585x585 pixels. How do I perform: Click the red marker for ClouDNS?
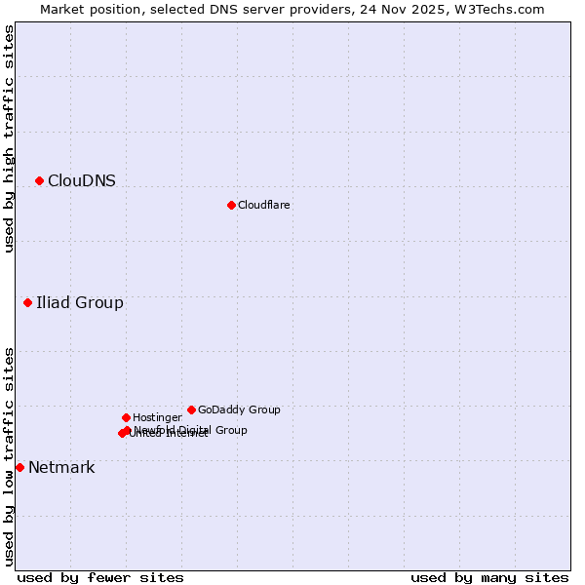(39, 180)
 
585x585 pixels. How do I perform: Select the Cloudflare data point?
(231, 205)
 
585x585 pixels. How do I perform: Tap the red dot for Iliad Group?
(27, 302)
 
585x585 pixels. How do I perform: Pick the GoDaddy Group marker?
(191, 409)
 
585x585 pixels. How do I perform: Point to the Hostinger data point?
(126, 417)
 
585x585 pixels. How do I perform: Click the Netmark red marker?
(19, 467)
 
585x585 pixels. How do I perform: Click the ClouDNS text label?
(82, 180)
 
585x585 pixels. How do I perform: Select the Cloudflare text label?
(264, 205)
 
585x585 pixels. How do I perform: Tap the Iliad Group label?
(80, 302)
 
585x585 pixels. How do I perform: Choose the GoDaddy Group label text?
(239, 409)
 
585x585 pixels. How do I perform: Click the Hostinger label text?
(157, 417)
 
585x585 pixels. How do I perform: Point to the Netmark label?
(61, 467)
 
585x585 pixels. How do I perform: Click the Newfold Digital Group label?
(191, 429)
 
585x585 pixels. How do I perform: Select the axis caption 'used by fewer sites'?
(100, 577)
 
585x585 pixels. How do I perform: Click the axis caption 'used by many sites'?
(489, 577)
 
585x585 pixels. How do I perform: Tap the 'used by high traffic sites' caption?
(9, 138)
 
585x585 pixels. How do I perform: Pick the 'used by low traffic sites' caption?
(9, 456)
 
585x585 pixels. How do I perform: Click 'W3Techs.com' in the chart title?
(502, 9)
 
